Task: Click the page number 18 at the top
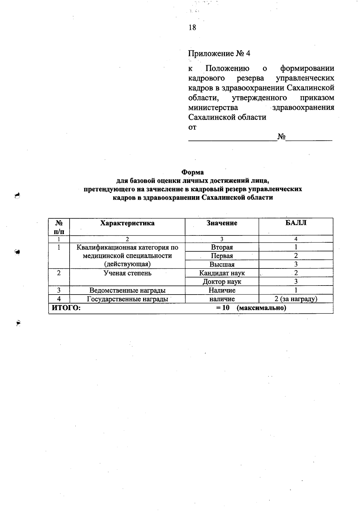192,28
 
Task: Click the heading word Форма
192,172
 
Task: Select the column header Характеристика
127,223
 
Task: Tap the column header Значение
222,223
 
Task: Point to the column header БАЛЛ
296,223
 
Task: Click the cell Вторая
222,247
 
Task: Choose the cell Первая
222,256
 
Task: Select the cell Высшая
222,265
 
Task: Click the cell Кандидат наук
222,273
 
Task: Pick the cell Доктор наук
222,282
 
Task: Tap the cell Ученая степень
127,273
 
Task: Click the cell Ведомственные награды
127,290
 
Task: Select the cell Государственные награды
127,299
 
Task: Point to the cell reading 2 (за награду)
296,299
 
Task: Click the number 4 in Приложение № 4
248,54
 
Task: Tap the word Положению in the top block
227,69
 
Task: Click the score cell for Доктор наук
296,282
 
